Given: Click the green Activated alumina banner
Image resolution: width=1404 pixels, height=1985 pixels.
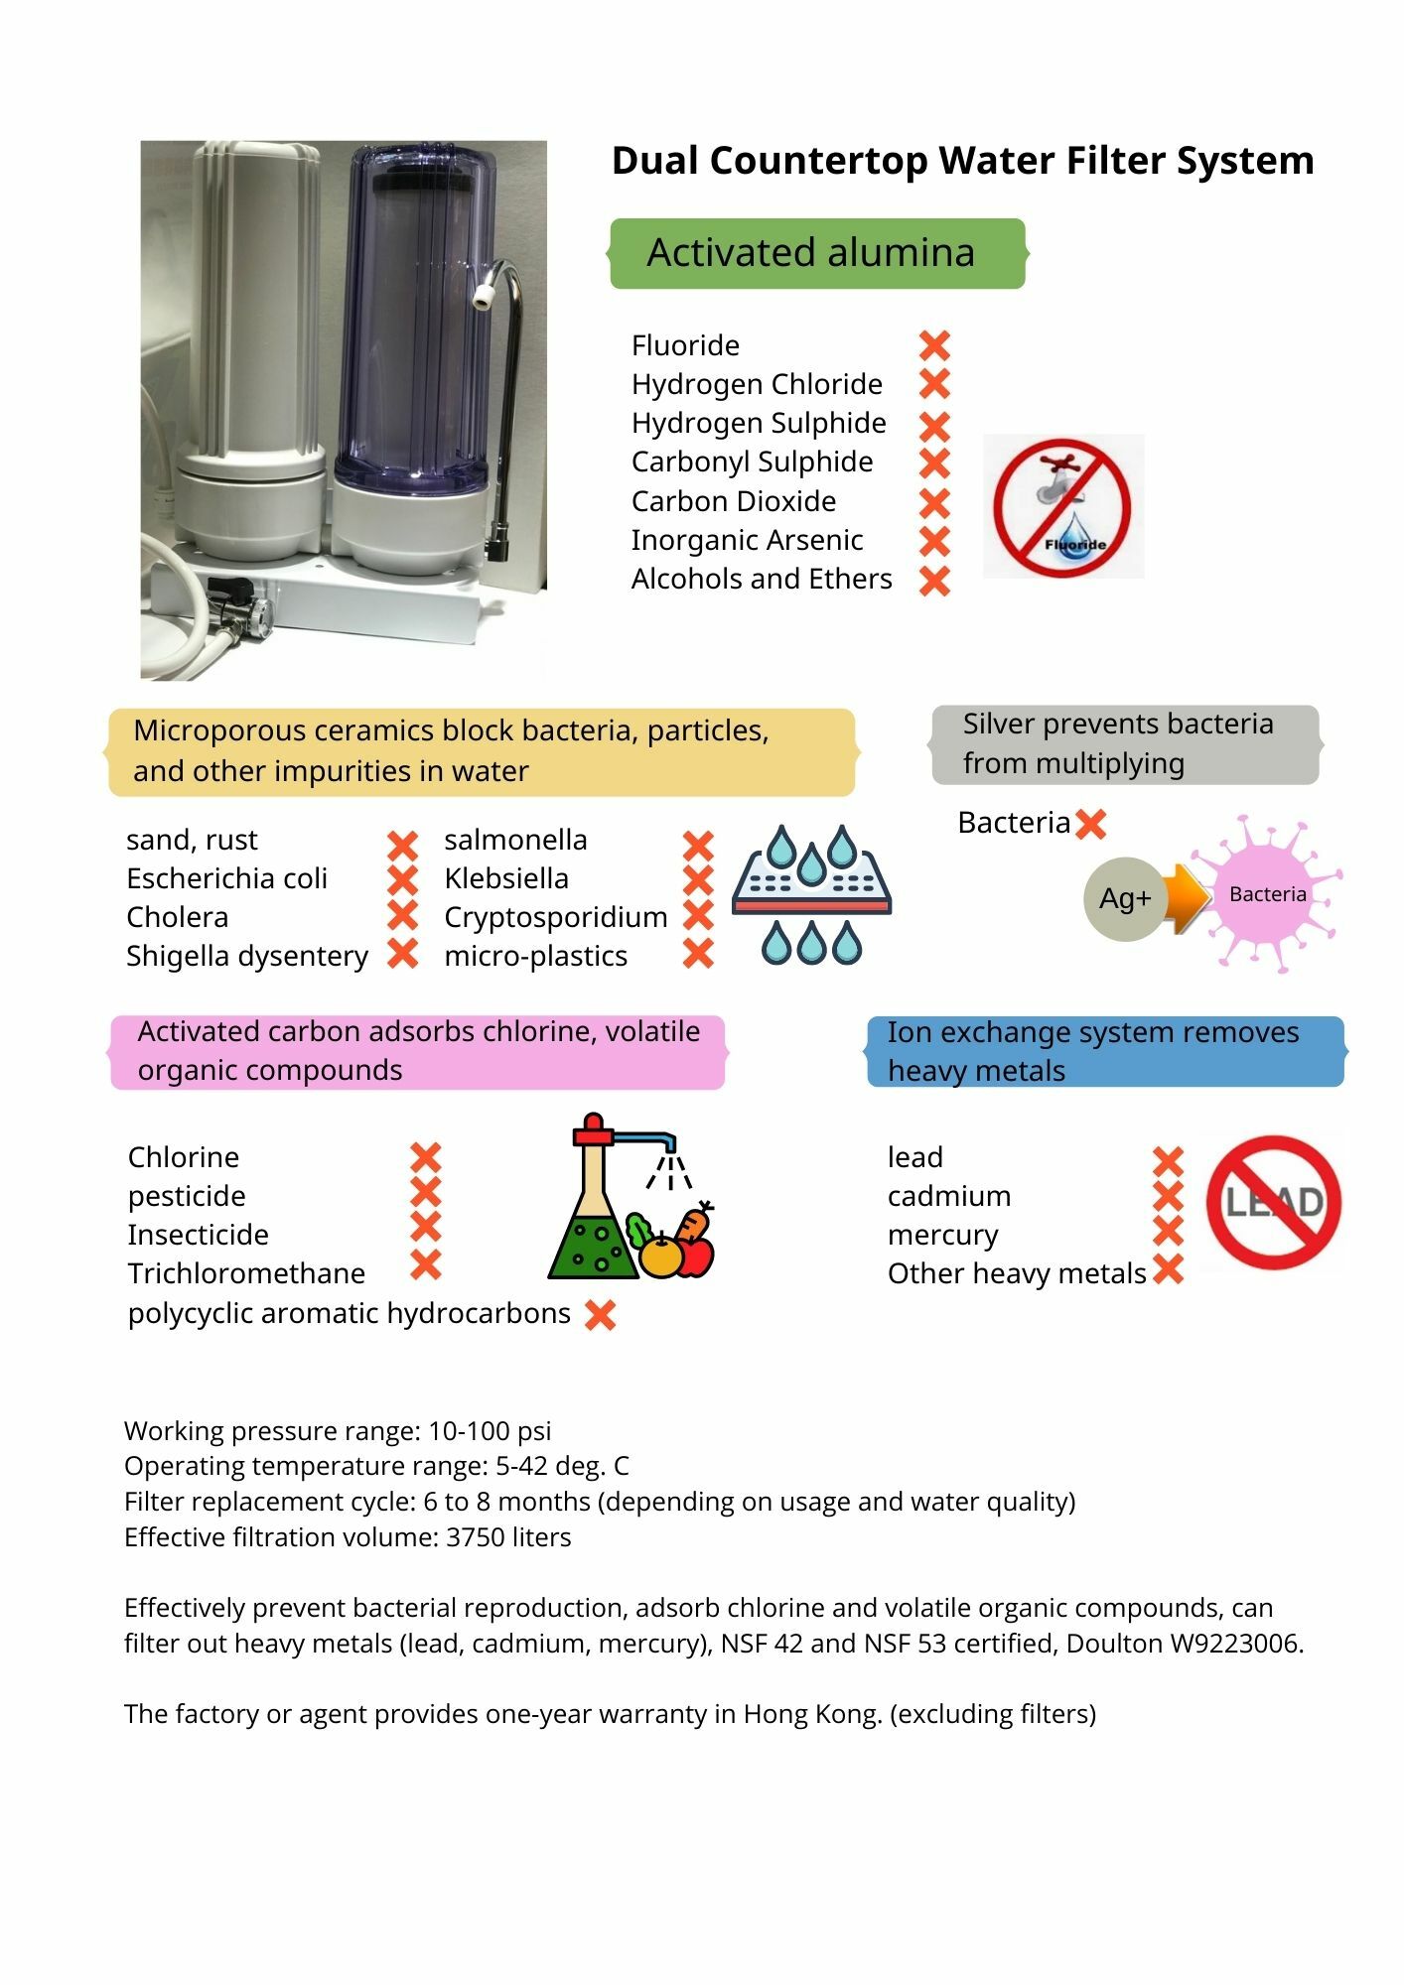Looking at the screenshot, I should pyautogui.click(x=816, y=253).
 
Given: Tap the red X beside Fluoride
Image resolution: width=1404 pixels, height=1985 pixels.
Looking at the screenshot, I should pyautogui.click(x=934, y=345).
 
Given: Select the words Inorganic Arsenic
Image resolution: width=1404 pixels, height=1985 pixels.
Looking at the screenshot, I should pyautogui.click(x=747, y=540).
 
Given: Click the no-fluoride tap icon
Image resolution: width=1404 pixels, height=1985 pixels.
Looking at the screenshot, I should pyautogui.click(x=1062, y=506).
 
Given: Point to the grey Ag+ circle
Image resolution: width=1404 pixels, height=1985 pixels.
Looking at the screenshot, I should pyautogui.click(x=1124, y=898).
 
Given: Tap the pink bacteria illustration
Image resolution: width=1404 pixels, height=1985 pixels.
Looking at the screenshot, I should pyautogui.click(x=1268, y=893).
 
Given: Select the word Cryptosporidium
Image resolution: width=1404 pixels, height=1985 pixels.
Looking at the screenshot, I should pyautogui.click(x=555, y=917).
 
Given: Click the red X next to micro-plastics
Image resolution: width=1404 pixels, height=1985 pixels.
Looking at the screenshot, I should pyautogui.click(x=698, y=955).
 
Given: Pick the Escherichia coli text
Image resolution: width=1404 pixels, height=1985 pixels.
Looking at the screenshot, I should pyautogui.click(x=226, y=878).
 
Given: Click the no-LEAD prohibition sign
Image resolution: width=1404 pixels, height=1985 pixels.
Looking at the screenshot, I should pyautogui.click(x=1273, y=1202).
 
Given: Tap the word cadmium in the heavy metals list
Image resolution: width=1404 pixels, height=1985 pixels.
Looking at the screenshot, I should pyautogui.click(x=948, y=1196).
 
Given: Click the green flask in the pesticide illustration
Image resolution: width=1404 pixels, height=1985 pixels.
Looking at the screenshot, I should pyautogui.click(x=592, y=1231).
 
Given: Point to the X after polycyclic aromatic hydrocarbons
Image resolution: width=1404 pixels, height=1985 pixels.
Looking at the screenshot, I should pyautogui.click(x=600, y=1315).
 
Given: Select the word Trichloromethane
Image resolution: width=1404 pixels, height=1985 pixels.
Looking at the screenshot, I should pyautogui.click(x=246, y=1273).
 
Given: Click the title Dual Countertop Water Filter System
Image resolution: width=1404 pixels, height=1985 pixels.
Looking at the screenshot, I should pyautogui.click(x=962, y=161).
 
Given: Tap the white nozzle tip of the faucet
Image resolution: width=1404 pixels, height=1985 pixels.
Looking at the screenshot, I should pyautogui.click(x=484, y=296).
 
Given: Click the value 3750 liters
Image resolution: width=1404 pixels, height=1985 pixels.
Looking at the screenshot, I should pyautogui.click(x=508, y=1537).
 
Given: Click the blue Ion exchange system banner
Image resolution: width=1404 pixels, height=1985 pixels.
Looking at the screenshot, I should pyautogui.click(x=1104, y=1051).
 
